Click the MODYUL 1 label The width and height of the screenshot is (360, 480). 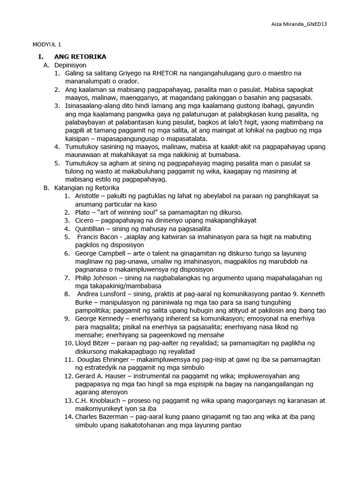point(47,45)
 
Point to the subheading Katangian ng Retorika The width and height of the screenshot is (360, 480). point(87,188)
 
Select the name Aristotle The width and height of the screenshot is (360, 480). point(90,196)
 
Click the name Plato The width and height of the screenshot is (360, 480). point(83,212)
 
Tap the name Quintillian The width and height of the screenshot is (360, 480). point(91,229)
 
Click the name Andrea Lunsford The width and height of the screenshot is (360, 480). point(102,294)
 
